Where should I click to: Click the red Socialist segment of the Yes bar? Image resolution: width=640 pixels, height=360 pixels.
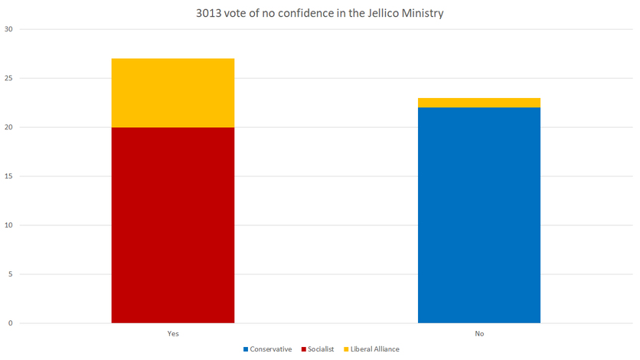coord(173,224)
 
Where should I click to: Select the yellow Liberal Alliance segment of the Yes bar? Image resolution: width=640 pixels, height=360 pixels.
coord(173,93)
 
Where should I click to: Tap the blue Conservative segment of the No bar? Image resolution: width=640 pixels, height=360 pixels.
coord(479,215)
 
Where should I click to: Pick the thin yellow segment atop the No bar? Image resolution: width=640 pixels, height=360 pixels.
coord(479,103)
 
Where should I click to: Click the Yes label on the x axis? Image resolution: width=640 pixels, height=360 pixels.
coord(173,334)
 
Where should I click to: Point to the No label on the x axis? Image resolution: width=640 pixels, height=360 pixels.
coord(479,334)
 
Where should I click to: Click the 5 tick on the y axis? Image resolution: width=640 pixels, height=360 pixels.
coord(11,274)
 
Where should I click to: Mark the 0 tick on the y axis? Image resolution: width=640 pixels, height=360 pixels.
coord(11,323)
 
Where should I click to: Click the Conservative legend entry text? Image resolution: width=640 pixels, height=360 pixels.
coord(271,349)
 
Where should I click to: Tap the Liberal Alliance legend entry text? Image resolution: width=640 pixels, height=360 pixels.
coord(375,349)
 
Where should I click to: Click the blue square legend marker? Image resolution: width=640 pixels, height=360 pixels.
coord(247,349)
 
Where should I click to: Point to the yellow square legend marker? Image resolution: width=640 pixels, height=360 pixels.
coord(345,349)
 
